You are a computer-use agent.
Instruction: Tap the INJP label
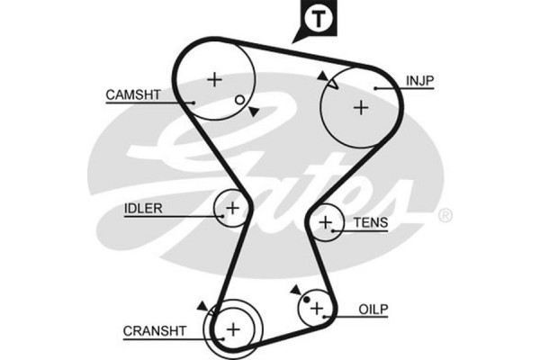(x=421, y=81)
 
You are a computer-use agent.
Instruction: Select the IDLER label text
(x=143, y=209)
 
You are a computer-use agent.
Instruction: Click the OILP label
(x=373, y=309)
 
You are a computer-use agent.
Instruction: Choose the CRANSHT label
(x=154, y=331)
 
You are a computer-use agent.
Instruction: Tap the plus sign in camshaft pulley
(x=214, y=79)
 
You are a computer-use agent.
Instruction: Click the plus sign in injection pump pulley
(x=360, y=107)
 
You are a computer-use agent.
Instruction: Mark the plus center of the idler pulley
(x=232, y=209)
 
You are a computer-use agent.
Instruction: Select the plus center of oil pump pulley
(x=316, y=309)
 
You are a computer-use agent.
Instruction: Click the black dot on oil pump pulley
(x=307, y=299)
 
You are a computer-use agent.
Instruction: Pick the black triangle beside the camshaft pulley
(x=254, y=111)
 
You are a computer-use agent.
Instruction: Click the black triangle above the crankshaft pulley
(x=203, y=306)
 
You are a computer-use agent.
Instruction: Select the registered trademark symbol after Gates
(x=444, y=216)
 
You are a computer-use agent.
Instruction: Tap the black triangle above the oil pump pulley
(x=294, y=290)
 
